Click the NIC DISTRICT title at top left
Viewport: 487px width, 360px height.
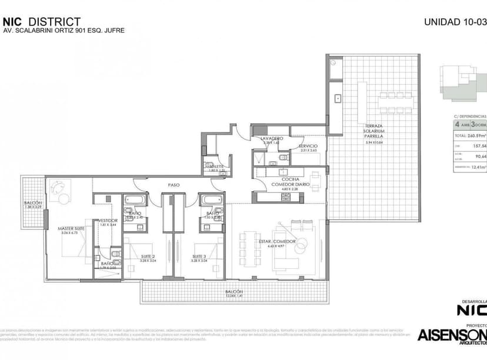[x=42, y=22]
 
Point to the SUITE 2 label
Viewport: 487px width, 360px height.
[x=148, y=256]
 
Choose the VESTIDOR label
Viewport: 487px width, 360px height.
[x=109, y=221]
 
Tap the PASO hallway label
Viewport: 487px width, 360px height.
[x=174, y=185]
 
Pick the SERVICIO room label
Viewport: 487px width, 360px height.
[x=308, y=146]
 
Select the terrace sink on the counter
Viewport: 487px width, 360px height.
[x=338, y=98]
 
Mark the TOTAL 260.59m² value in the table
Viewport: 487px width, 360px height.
[x=471, y=136]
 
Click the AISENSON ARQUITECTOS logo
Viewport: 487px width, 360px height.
[x=452, y=336]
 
